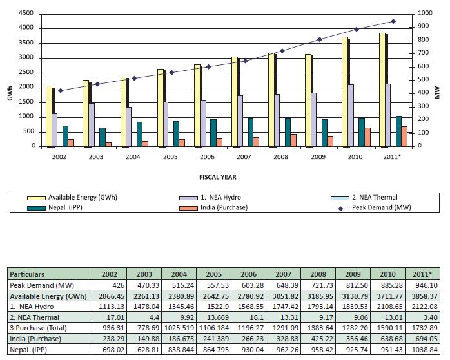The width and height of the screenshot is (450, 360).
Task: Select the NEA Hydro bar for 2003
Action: pos(92,124)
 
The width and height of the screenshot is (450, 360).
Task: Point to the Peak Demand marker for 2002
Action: pos(61,90)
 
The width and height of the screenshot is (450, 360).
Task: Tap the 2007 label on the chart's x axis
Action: pos(243,157)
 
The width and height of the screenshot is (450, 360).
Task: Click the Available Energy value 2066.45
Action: pos(106,296)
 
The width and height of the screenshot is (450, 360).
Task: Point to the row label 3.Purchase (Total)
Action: pos(36,328)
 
